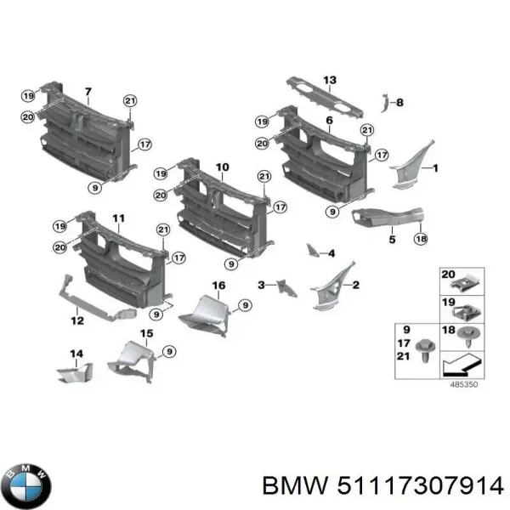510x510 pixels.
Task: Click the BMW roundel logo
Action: click(x=26, y=485)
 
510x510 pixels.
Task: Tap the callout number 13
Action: click(x=330, y=80)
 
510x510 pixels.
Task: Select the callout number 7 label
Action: click(x=88, y=91)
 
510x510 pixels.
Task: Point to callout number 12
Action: click(x=77, y=321)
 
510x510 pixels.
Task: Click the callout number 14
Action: click(x=76, y=353)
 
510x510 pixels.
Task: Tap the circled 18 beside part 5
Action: click(x=420, y=241)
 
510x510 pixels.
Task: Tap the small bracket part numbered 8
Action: click(x=383, y=103)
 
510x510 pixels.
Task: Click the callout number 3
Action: click(x=263, y=284)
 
